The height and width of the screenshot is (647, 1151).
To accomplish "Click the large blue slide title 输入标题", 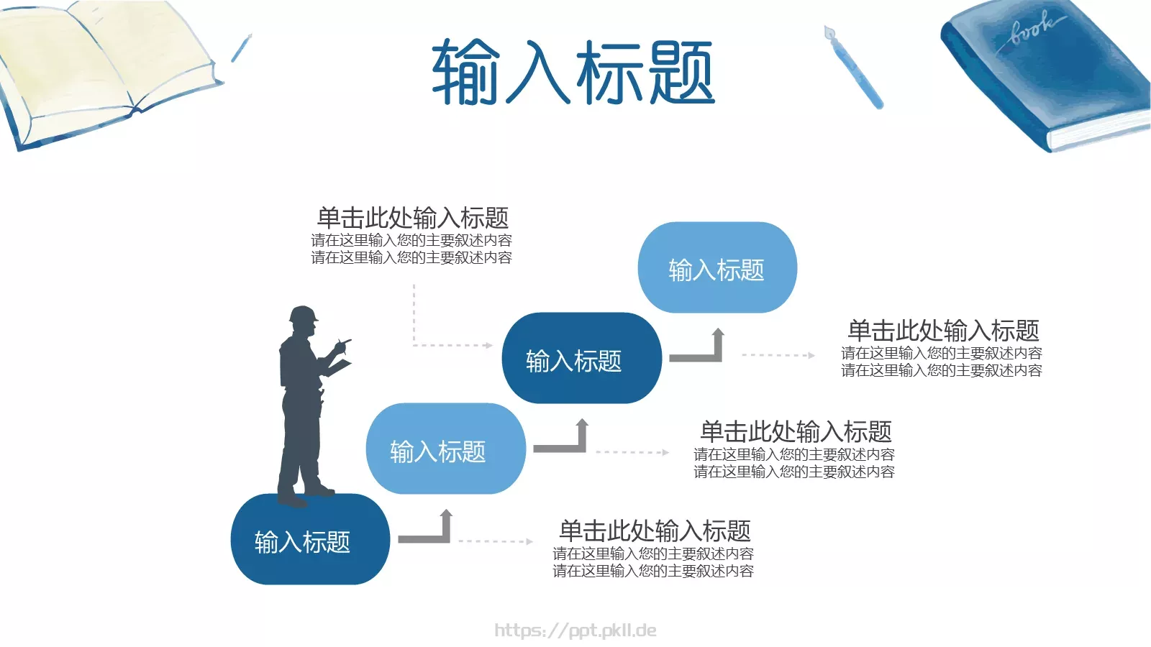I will click(x=573, y=72).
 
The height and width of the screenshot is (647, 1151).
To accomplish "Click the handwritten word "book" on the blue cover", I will click(x=1033, y=29).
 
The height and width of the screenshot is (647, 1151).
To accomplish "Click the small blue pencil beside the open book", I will click(x=241, y=47).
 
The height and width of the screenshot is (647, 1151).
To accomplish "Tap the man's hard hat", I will click(x=303, y=315).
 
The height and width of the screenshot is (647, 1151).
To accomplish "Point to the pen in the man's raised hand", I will click(x=345, y=341).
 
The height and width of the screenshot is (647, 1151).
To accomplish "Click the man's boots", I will click(x=306, y=495).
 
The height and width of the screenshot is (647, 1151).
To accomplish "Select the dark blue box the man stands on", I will click(x=310, y=539).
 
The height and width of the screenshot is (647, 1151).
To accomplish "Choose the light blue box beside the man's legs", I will click(x=445, y=449).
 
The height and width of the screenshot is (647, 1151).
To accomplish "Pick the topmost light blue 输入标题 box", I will click(x=717, y=267).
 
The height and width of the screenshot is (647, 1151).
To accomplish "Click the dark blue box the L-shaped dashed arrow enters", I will click(x=581, y=358).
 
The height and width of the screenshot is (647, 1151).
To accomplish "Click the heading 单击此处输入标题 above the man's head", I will click(x=412, y=217).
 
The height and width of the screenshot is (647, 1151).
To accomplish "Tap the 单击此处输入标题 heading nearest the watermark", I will click(x=655, y=531).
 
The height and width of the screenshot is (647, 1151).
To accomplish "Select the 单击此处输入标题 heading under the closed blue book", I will click(x=942, y=331).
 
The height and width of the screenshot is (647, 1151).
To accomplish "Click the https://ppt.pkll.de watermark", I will click(x=575, y=630).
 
